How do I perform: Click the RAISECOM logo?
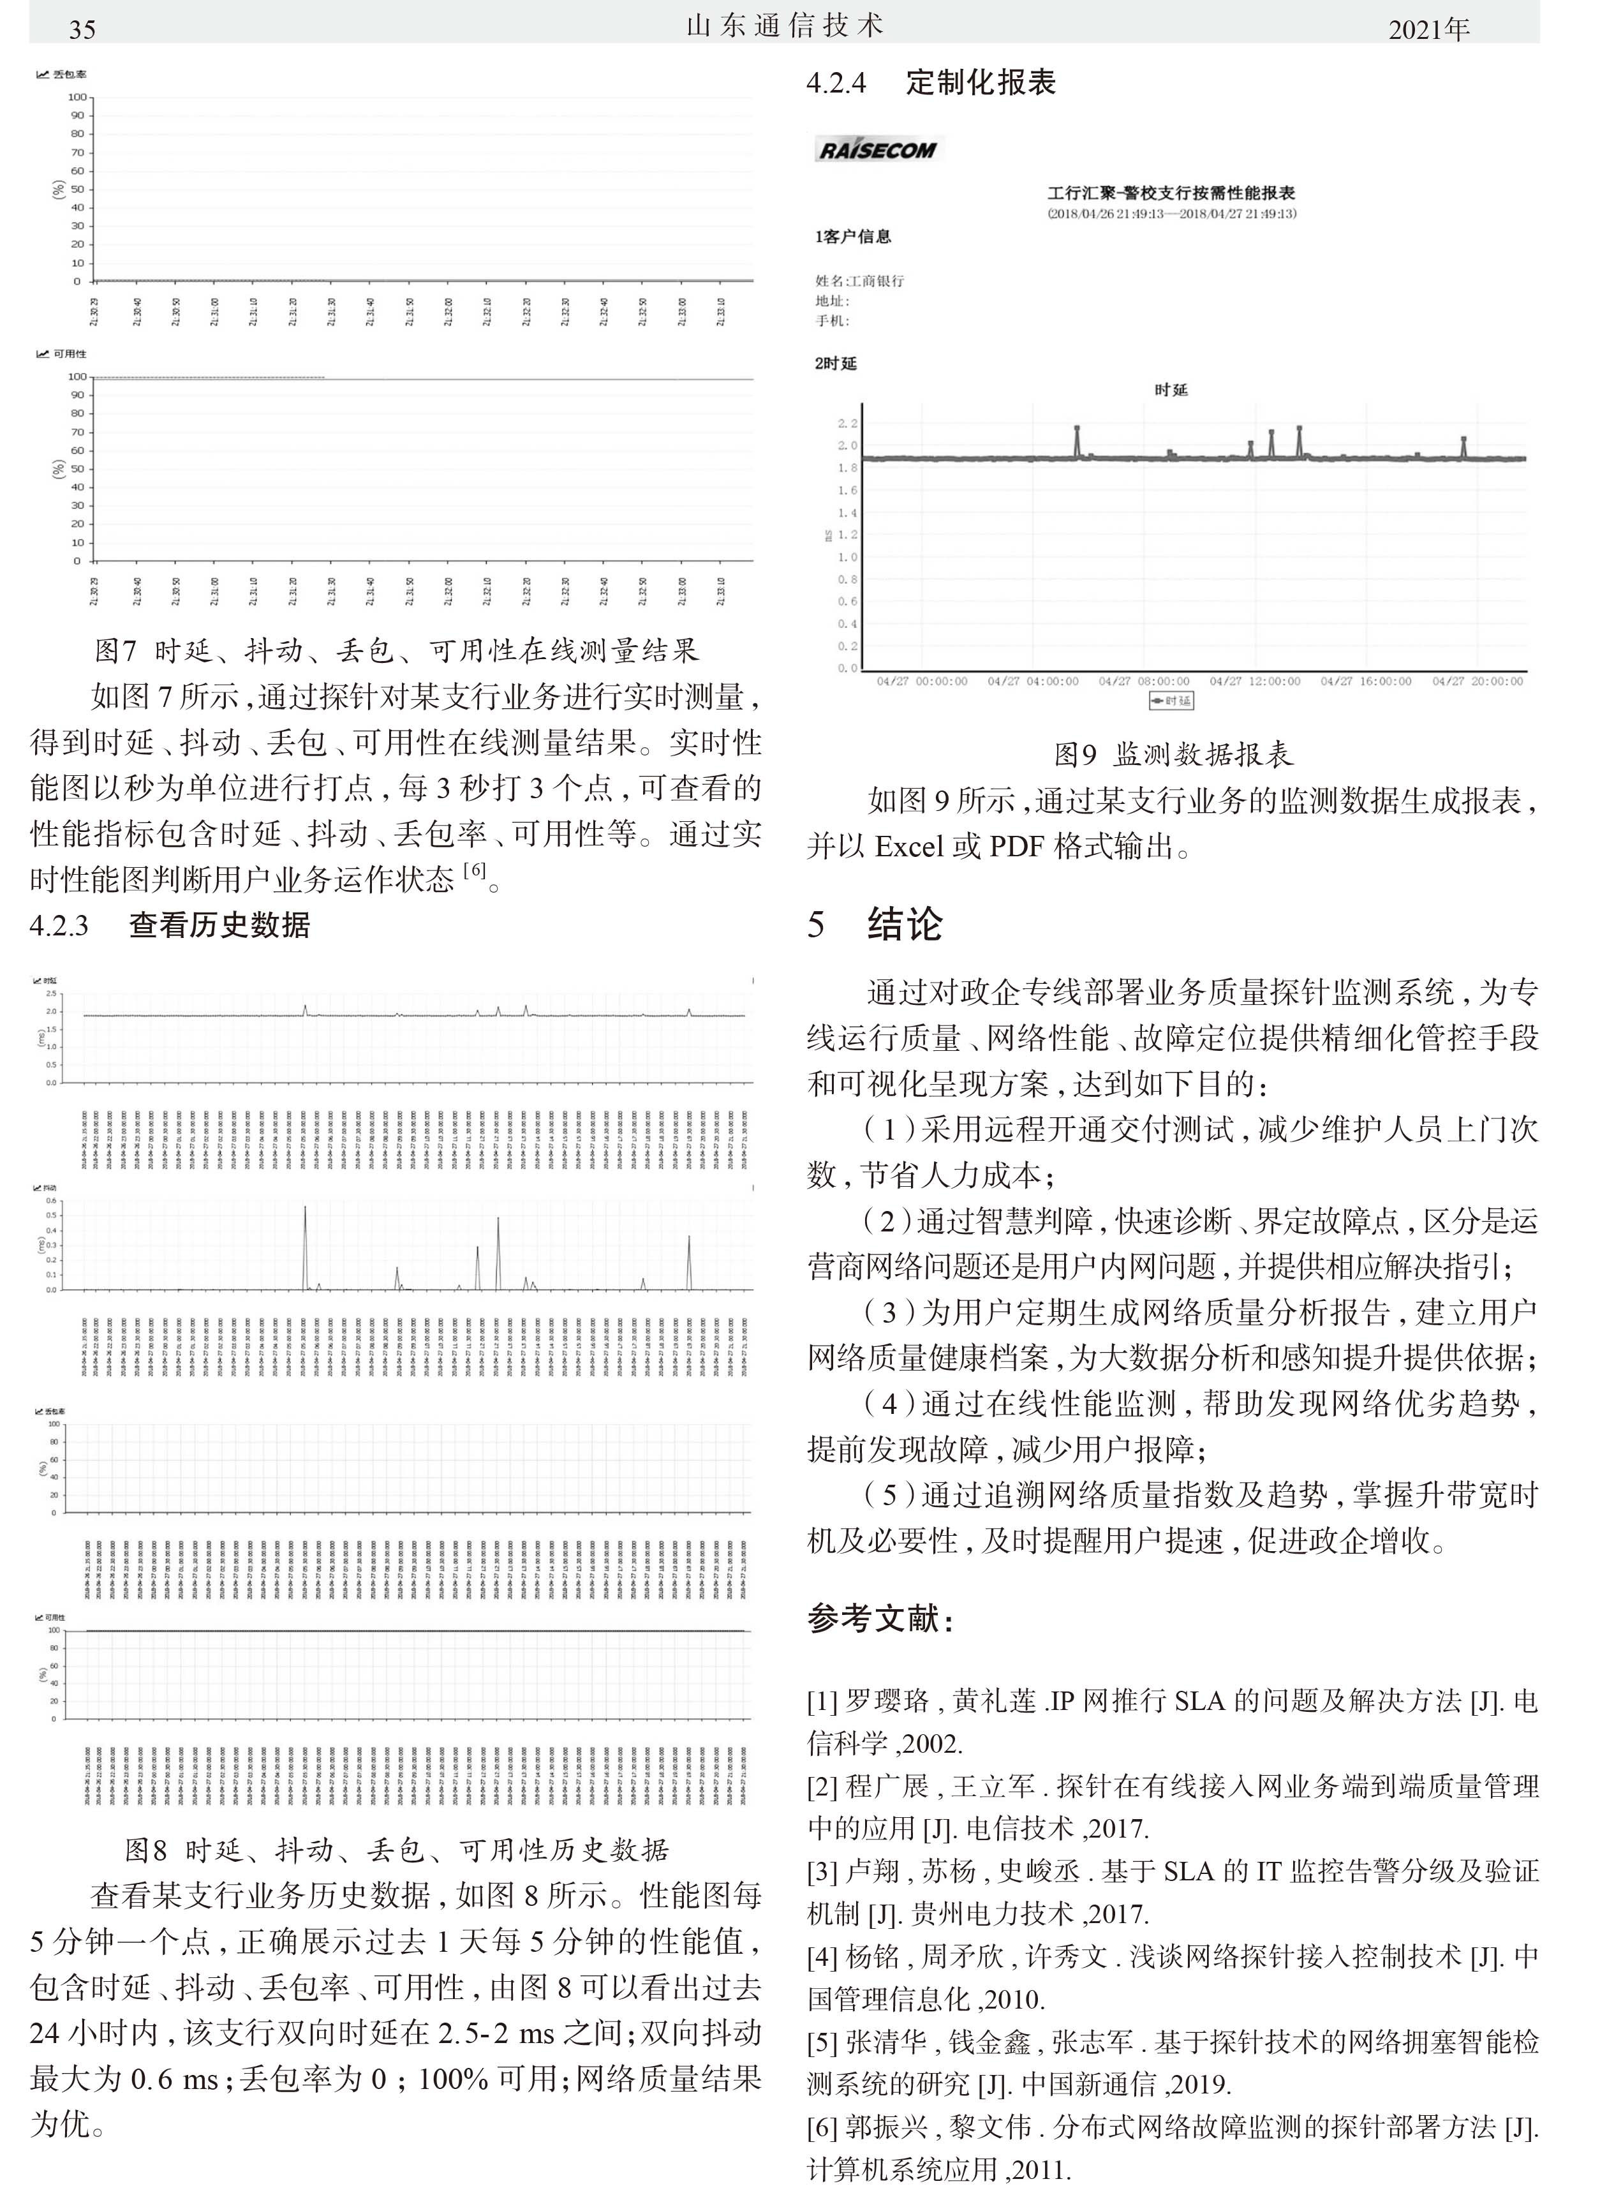(x=877, y=150)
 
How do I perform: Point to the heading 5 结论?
(x=875, y=924)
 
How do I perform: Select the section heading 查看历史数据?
(x=219, y=925)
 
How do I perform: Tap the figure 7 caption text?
(x=396, y=650)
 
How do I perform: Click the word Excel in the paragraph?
(x=910, y=847)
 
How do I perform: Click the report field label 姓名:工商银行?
(x=859, y=281)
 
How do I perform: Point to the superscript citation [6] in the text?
(x=475, y=870)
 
